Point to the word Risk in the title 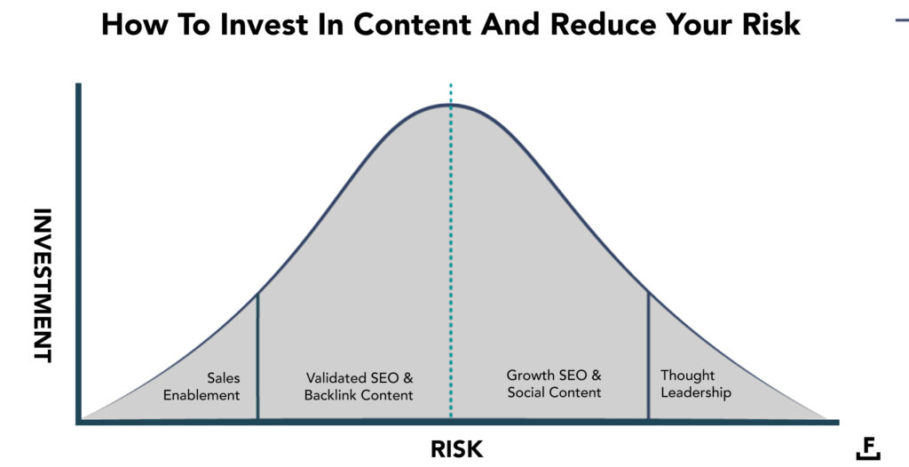[771, 25]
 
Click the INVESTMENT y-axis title [43, 285]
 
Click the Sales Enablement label [202, 387]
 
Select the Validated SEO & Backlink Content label [360, 386]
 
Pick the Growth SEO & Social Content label [554, 384]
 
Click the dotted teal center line [451, 266]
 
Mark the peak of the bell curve [451, 105]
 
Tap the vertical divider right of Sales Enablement [257, 355]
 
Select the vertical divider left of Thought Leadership [648, 355]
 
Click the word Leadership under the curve [697, 392]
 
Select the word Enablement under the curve [202, 395]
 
